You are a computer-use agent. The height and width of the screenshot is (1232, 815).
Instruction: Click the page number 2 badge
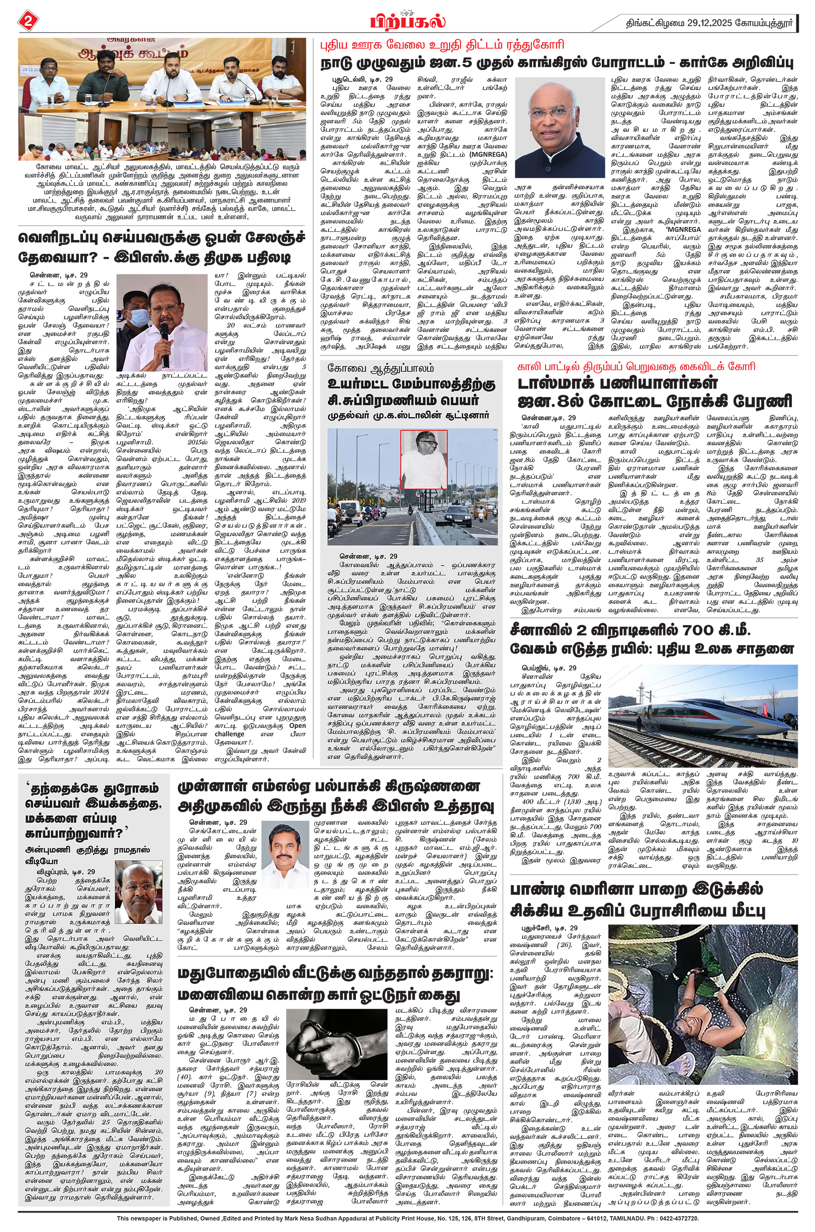27,21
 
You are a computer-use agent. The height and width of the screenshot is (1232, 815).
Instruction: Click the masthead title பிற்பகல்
408,22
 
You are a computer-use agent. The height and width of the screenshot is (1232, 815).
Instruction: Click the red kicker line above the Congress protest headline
442,45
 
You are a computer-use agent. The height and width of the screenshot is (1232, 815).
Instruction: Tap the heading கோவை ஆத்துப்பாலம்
380,368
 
